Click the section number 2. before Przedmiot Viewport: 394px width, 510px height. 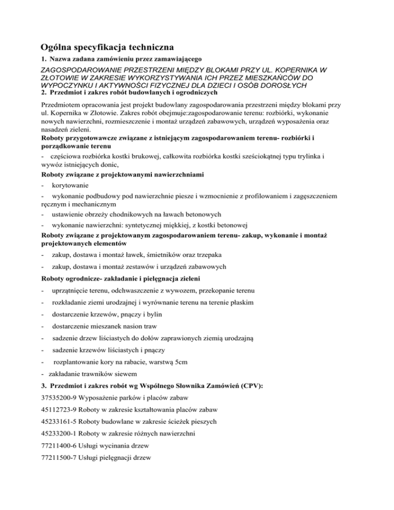43,93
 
